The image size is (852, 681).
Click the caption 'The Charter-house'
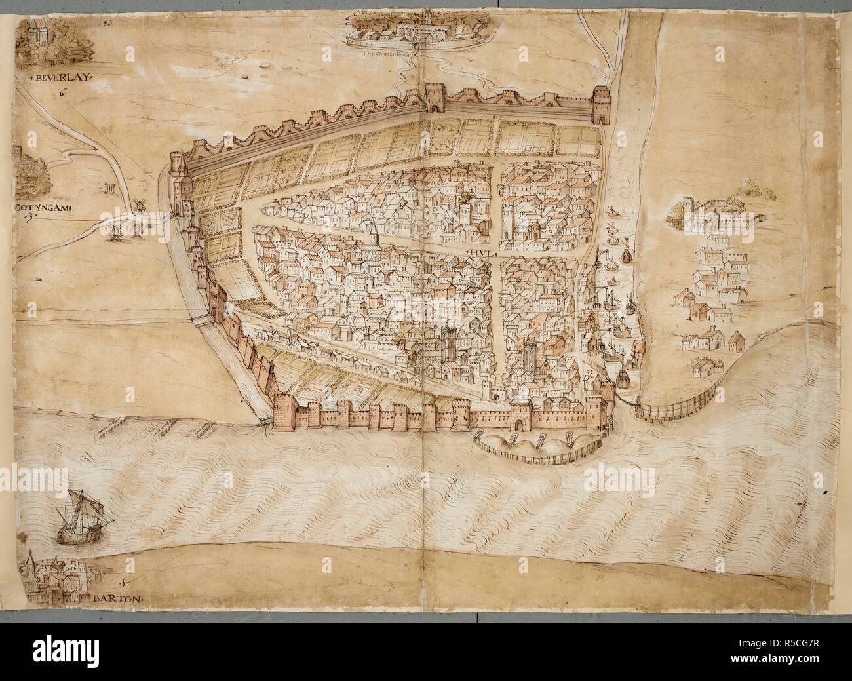[391, 55]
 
